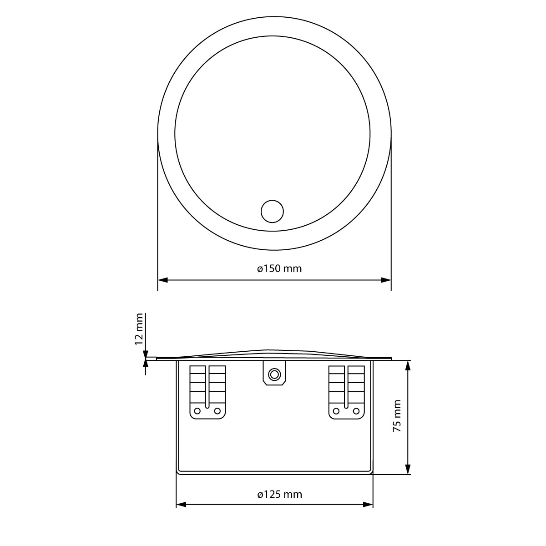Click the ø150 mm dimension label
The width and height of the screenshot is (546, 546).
(x=279, y=268)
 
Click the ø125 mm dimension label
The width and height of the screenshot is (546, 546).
(x=279, y=494)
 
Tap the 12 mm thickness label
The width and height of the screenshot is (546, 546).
(x=139, y=329)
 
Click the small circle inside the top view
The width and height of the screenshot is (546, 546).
(x=272, y=212)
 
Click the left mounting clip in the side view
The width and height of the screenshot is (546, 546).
(x=207, y=391)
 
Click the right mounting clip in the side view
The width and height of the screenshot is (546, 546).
(x=347, y=391)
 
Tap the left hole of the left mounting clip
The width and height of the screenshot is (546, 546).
(x=197, y=411)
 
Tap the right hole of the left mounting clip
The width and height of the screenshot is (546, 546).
(x=217, y=411)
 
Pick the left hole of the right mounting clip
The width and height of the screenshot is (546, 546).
(x=336, y=411)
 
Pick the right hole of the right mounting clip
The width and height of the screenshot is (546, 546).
(x=357, y=411)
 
